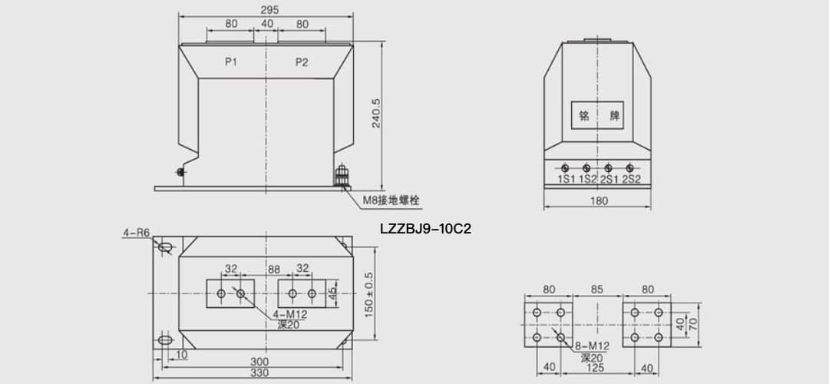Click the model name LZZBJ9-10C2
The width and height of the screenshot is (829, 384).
point(424,228)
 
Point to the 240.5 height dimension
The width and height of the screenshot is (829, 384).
point(375,114)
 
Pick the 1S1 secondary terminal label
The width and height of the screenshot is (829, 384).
point(566,180)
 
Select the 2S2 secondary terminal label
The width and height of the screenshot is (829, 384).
point(631,180)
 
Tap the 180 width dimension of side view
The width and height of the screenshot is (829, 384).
point(599,201)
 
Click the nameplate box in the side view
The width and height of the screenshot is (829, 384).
point(597,117)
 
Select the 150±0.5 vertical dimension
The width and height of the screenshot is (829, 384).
point(368,294)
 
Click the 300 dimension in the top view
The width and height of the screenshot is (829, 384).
point(259,361)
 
